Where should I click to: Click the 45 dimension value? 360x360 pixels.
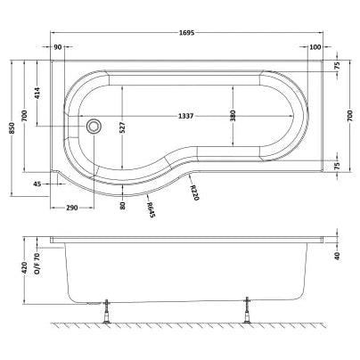click(37, 184)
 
